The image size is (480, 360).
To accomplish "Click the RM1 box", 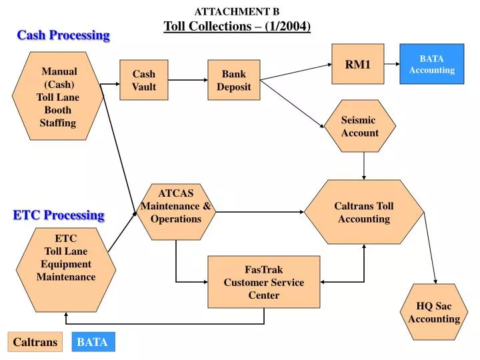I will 358,64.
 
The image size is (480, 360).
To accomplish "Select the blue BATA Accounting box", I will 431,64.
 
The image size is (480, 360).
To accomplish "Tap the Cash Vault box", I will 143,80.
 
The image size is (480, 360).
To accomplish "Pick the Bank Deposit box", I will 233,80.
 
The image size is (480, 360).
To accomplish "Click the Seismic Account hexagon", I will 360,126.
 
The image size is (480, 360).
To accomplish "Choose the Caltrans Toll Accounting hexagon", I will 364,212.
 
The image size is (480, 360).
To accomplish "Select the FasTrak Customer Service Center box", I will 263,282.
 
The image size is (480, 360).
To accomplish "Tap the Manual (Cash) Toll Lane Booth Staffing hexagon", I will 59,97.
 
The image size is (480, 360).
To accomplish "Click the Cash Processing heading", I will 63,35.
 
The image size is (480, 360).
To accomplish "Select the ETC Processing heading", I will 59,215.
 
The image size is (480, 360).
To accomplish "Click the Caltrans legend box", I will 35,342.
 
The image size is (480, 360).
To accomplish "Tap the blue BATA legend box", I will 93,342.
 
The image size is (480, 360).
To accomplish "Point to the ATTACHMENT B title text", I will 237,11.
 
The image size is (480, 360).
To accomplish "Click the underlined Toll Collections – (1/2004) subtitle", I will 237,27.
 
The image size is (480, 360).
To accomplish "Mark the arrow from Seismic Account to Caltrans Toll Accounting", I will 364,166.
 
